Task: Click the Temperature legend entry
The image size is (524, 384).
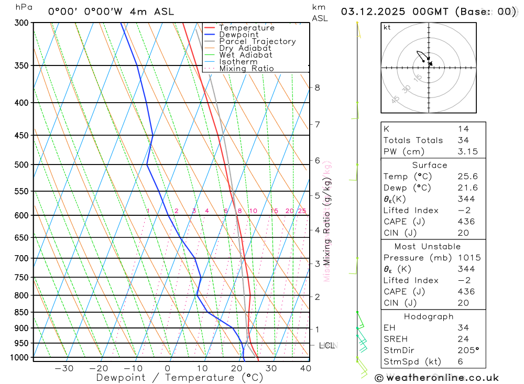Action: pyautogui.click(x=246, y=28)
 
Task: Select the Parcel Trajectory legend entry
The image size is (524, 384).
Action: pyautogui.click(x=257, y=41)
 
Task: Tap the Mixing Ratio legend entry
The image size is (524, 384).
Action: pyautogui.click(x=246, y=69)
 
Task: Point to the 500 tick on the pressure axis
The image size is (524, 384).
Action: pyautogui.click(x=21, y=164)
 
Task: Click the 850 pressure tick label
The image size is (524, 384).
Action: pyautogui.click(x=21, y=312)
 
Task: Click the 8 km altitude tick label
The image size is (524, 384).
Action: pyautogui.click(x=317, y=87)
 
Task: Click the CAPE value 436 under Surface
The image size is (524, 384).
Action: pyautogui.click(x=466, y=222)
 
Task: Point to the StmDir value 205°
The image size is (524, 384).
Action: pyautogui.click(x=468, y=350)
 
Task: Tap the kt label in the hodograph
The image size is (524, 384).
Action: pyautogui.click(x=387, y=27)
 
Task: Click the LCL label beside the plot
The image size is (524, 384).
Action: pyautogui.click(x=327, y=345)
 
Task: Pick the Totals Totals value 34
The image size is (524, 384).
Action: pyautogui.click(x=463, y=140)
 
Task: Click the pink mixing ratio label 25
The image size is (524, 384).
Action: pyautogui.click(x=302, y=211)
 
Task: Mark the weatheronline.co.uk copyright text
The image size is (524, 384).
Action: pyautogui.click(x=436, y=378)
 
